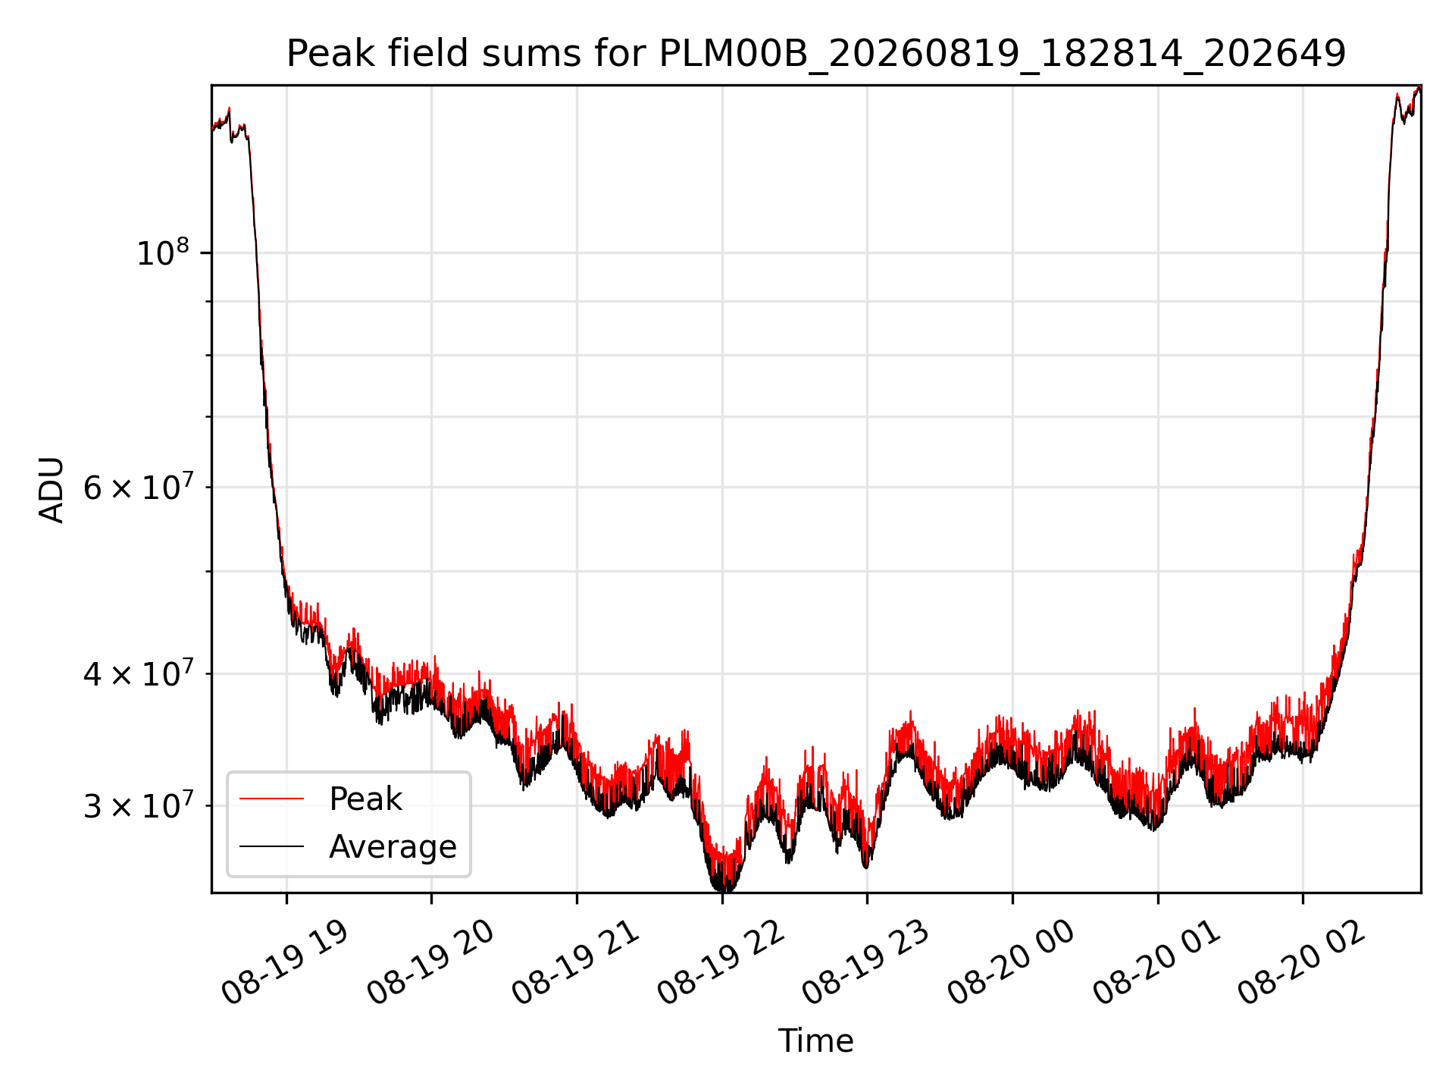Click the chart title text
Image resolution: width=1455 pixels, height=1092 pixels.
coord(815,54)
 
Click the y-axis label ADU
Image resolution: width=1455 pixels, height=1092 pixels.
coord(52,489)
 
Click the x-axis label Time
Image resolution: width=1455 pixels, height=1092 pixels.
coord(815,1041)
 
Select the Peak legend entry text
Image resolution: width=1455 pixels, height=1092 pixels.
coord(365,799)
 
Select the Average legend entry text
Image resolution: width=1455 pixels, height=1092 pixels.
coord(393,847)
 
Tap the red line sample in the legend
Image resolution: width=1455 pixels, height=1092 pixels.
coord(271,799)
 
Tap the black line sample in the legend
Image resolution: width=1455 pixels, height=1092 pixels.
coord(271,846)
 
